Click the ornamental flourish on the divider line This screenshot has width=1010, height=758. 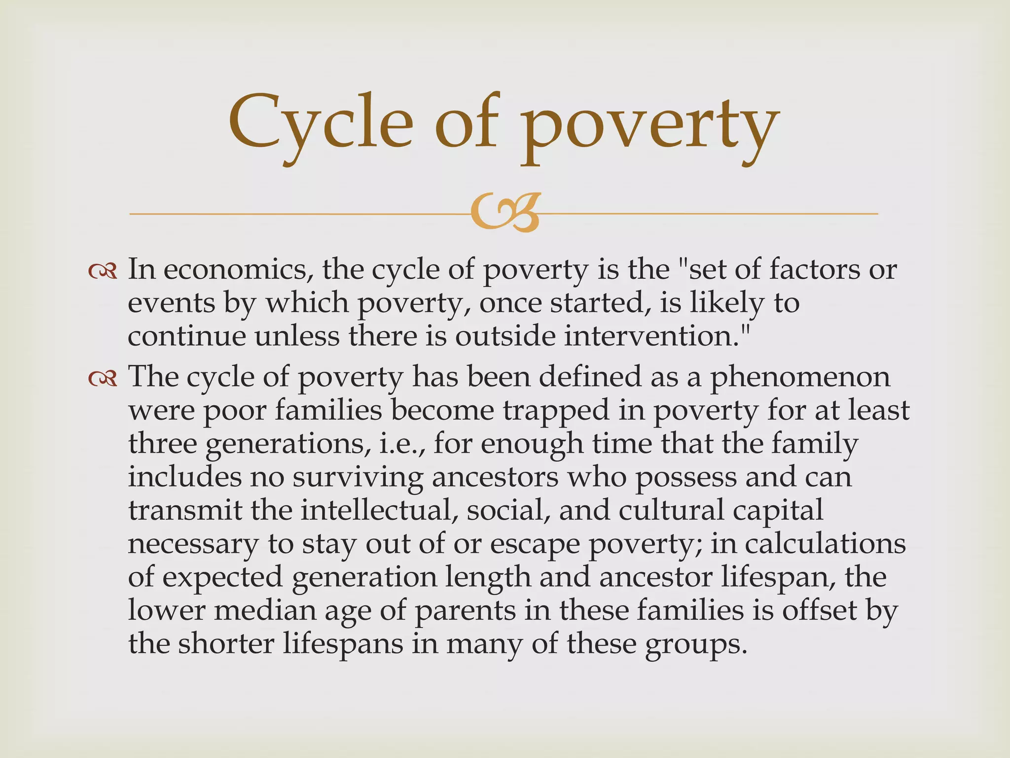pyautogui.click(x=504, y=213)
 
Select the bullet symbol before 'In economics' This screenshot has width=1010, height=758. pyautogui.click(x=103, y=271)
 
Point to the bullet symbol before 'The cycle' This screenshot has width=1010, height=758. pyautogui.click(x=103, y=378)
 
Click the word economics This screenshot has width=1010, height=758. pyautogui.click(x=241, y=270)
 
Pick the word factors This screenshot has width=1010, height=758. pyautogui.click(x=814, y=270)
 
